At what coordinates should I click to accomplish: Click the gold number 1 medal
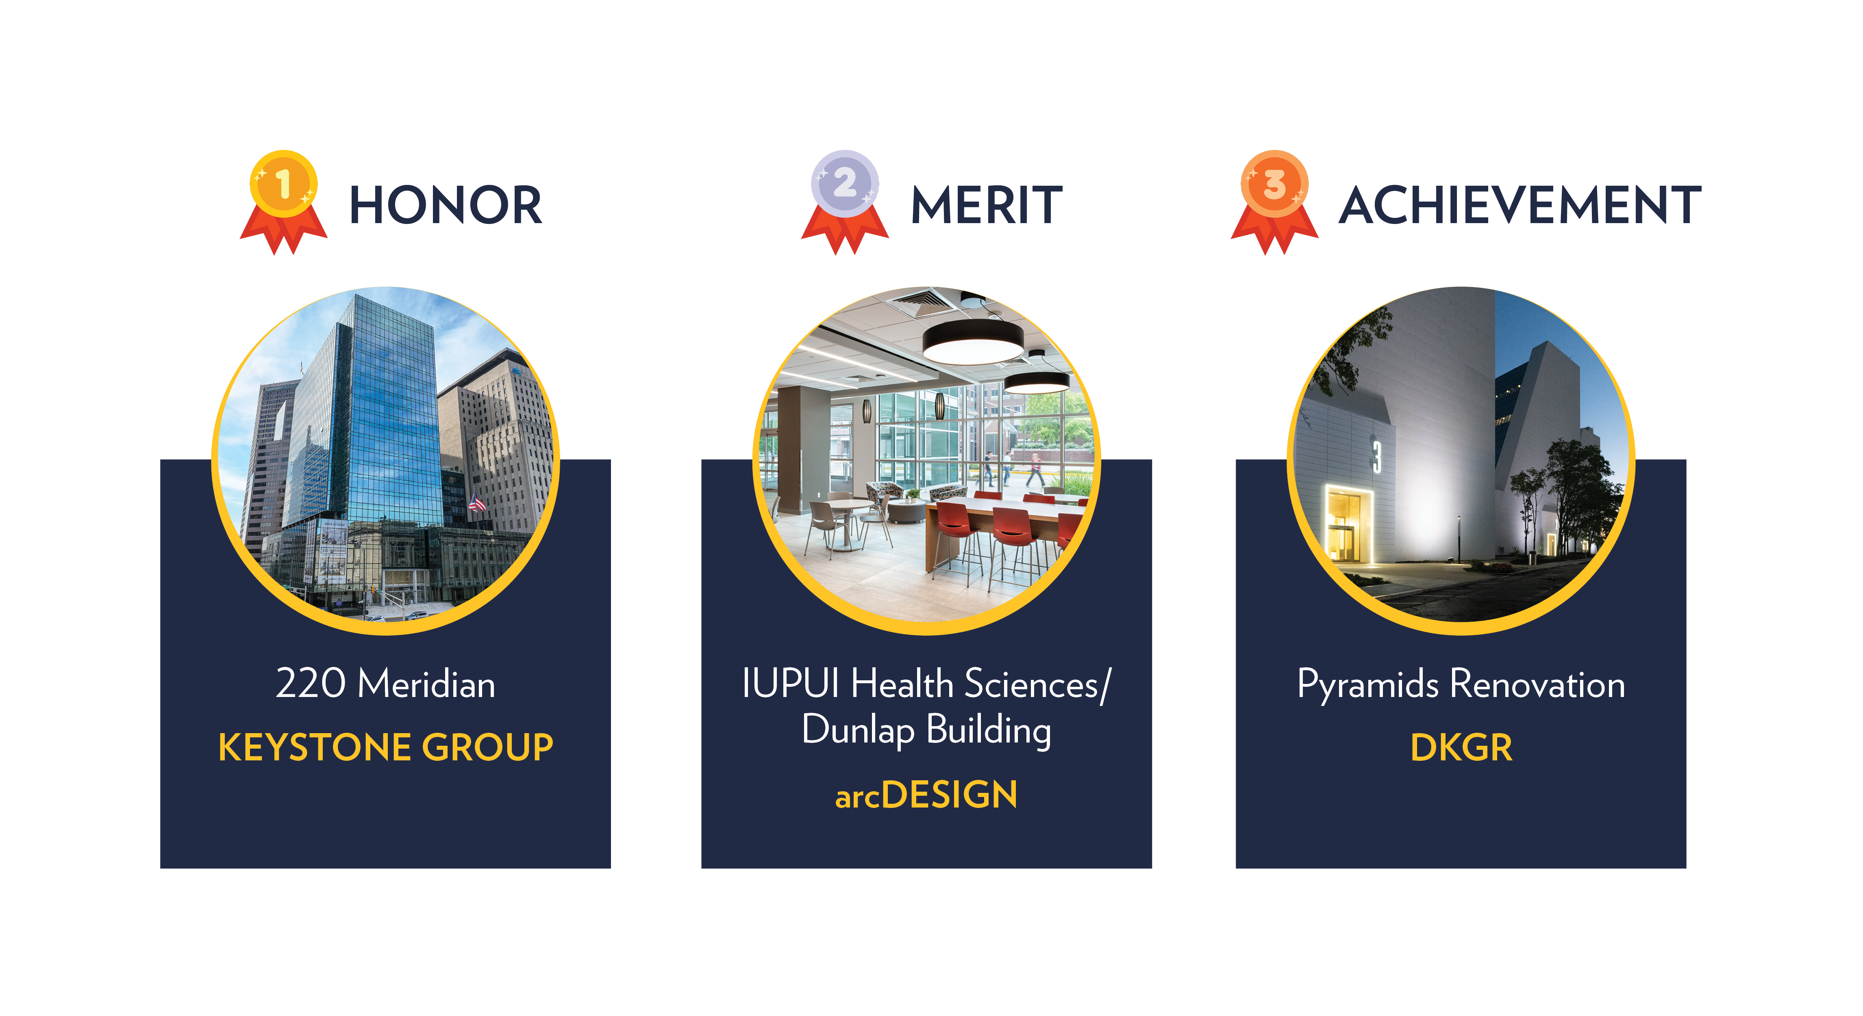(283, 185)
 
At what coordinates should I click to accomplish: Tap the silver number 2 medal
(845, 185)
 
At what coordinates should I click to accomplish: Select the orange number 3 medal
(1274, 185)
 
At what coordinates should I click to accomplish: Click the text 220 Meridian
(385, 684)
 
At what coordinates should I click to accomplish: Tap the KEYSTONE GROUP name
(385, 747)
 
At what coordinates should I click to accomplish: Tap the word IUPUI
(791, 684)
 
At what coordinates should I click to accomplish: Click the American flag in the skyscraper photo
(476, 502)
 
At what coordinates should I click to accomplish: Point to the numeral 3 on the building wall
(1376, 456)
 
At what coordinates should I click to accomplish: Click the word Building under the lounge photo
(989, 730)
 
